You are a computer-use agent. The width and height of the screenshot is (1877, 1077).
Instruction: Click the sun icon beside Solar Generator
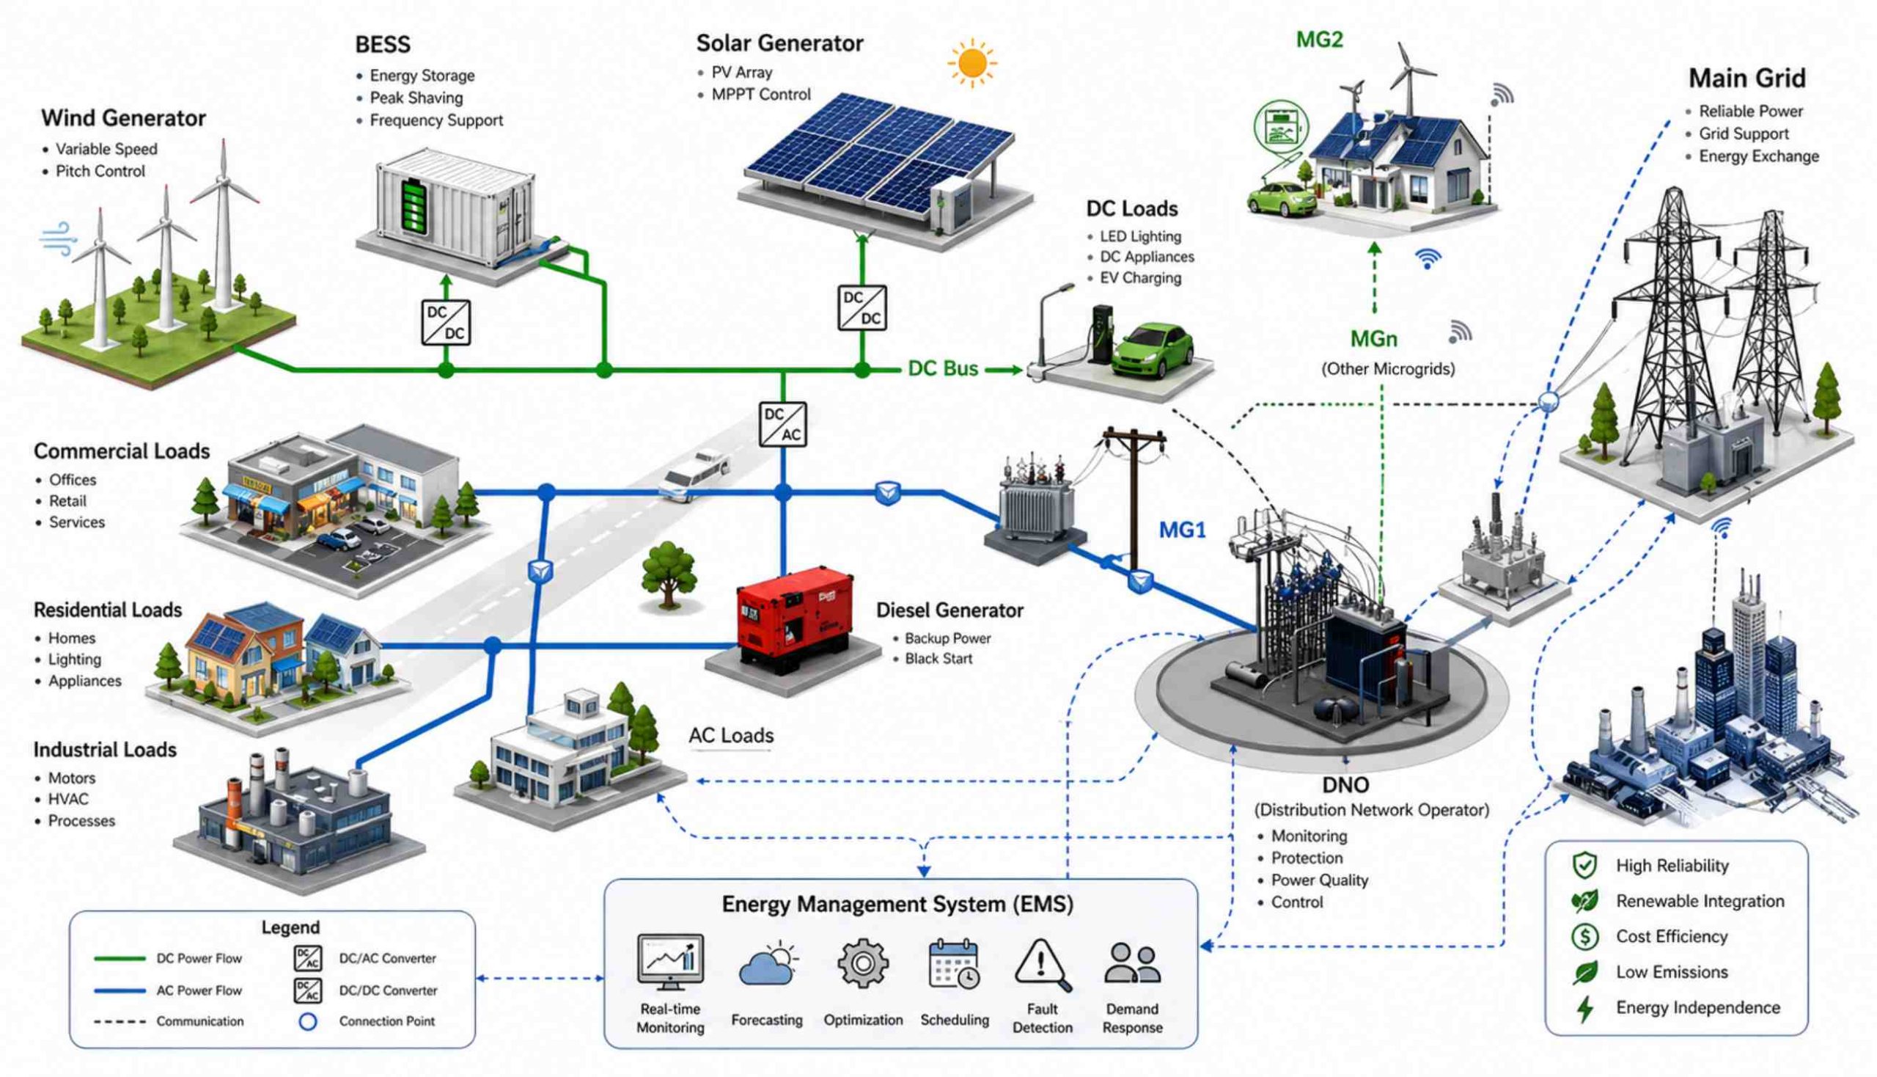click(971, 64)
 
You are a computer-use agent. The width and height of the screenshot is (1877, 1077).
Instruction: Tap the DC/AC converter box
click(783, 424)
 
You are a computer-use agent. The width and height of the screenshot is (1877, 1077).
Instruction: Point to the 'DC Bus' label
click(943, 368)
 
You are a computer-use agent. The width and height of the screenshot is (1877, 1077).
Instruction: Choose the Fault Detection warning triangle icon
click(1042, 965)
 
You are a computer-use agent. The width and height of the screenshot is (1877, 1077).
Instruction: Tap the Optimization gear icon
click(862, 963)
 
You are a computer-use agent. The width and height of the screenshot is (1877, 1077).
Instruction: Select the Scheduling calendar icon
click(954, 964)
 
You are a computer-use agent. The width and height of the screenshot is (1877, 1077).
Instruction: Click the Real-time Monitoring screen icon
click(669, 962)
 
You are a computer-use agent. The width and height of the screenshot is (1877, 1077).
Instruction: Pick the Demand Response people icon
click(1132, 963)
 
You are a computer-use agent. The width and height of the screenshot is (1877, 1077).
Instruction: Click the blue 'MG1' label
click(1182, 530)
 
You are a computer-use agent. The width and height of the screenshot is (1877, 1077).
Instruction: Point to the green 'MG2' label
click(1319, 40)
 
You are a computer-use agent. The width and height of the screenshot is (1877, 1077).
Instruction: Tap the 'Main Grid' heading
click(1747, 78)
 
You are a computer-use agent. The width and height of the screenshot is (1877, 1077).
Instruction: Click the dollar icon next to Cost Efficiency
click(1585, 936)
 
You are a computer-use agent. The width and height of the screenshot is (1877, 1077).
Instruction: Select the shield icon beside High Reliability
click(1585, 866)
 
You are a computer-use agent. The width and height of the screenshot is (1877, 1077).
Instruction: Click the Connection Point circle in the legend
click(307, 1021)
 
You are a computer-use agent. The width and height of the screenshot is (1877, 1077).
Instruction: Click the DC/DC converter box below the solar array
click(862, 307)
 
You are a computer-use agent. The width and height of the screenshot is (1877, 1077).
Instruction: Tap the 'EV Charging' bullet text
click(1140, 278)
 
